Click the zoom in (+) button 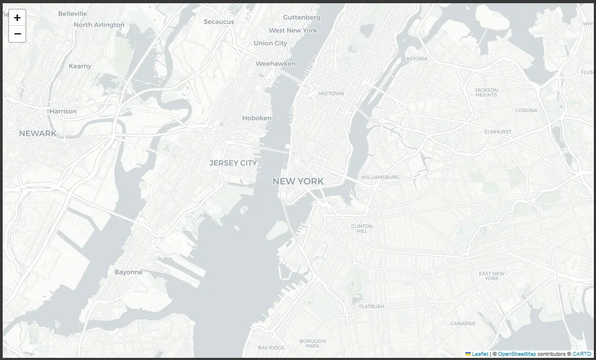(17, 18)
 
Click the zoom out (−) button (17, 34)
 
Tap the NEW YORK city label (298, 181)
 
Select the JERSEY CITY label (233, 163)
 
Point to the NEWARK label (38, 133)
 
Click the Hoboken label (257, 118)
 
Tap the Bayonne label (128, 272)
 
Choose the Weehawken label (275, 63)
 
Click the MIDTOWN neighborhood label (331, 93)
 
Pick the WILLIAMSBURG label (380, 177)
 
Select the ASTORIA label (417, 59)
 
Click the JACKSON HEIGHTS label (486, 92)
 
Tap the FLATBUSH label (371, 306)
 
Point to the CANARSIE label (463, 323)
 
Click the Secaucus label (219, 21)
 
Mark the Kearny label (80, 66)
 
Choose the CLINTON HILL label (362, 228)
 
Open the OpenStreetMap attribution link (516, 354)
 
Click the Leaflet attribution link (480, 354)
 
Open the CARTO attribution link (581, 354)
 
